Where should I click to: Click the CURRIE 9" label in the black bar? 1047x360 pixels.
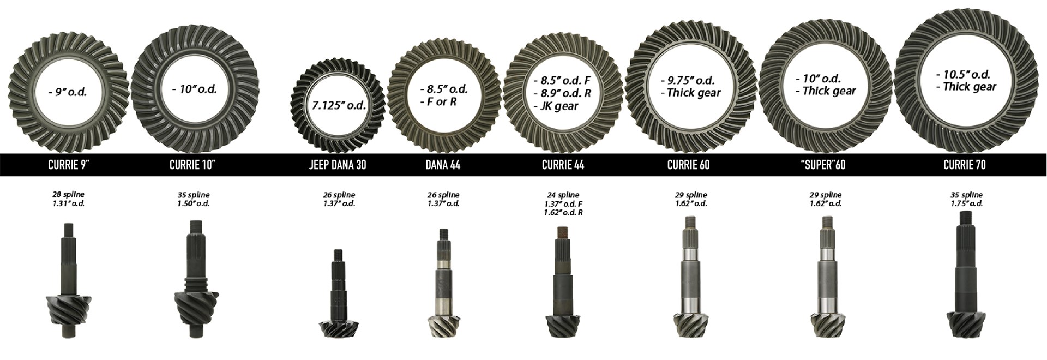coord(69,165)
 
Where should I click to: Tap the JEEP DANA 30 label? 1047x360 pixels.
coord(338,165)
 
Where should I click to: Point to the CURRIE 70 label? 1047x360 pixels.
coord(965,165)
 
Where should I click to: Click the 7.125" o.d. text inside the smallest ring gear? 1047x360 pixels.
coord(339,105)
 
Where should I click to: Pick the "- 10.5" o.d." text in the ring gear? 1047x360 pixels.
coord(962,75)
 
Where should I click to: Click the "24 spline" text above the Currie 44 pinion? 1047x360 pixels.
coord(563,195)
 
